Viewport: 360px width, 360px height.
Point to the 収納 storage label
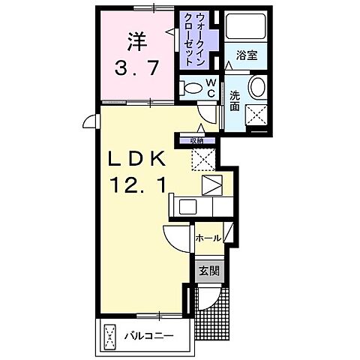click(x=196, y=139)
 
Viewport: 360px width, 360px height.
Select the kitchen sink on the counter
click(x=187, y=205)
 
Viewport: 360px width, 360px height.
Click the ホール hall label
click(x=207, y=238)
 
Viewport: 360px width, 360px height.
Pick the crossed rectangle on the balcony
click(x=110, y=334)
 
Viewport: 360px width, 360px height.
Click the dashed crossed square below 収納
click(x=200, y=159)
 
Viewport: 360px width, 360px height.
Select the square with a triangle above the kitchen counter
click(x=211, y=185)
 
